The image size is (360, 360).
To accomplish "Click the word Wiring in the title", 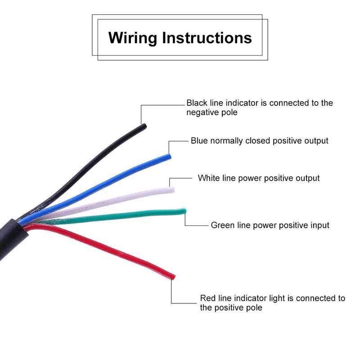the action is tap(132, 38).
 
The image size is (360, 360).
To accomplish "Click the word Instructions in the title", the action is tap(207, 37).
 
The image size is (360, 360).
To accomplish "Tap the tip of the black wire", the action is tap(144, 126).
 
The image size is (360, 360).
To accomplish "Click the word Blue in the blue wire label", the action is tap(199, 140).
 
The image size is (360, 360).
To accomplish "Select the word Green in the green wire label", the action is tap(223, 225).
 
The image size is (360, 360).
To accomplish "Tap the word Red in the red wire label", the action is tap(208, 298).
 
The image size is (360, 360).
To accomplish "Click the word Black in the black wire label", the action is tap(197, 103).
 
